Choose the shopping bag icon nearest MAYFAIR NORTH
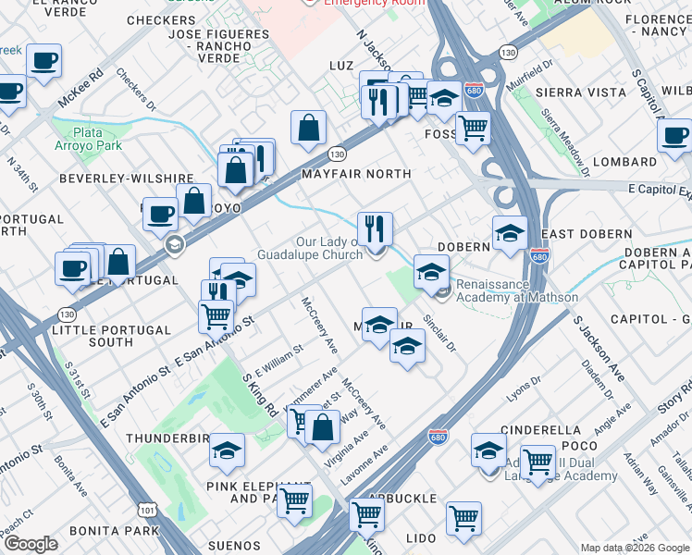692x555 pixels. click(x=308, y=129)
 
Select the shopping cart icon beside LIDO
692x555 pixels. click(x=463, y=518)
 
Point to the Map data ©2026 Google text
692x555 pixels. click(x=635, y=548)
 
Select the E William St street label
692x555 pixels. click(x=278, y=362)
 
